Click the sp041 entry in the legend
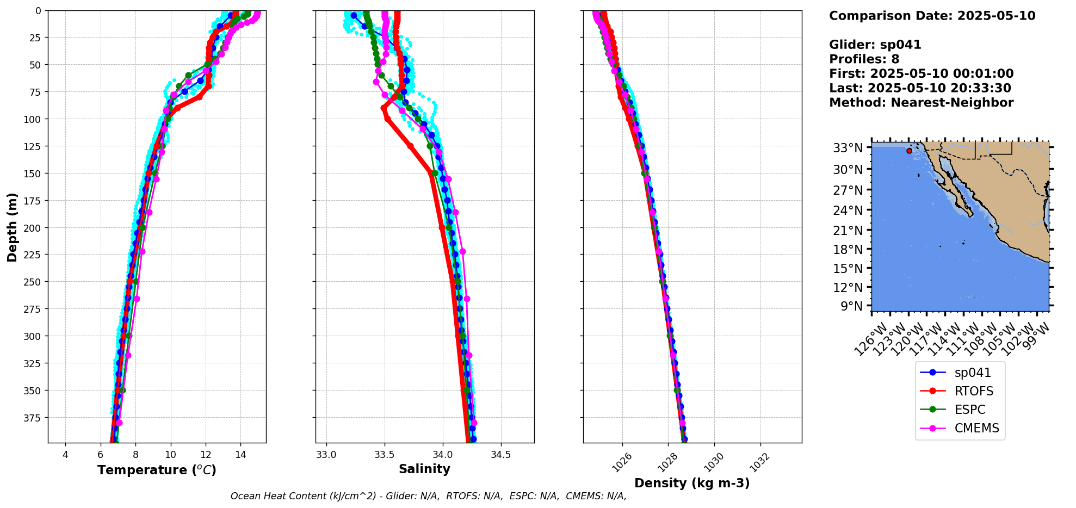point(972,373)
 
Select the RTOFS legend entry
point(973,392)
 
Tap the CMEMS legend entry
point(976,429)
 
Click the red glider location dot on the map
point(909,151)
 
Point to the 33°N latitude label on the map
point(848,148)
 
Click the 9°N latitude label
point(852,306)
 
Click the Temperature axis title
point(157,470)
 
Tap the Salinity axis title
point(424,469)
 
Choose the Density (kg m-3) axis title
point(692,483)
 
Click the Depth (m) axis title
point(12,227)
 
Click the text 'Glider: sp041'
point(875,45)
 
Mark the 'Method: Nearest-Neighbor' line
point(921,103)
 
